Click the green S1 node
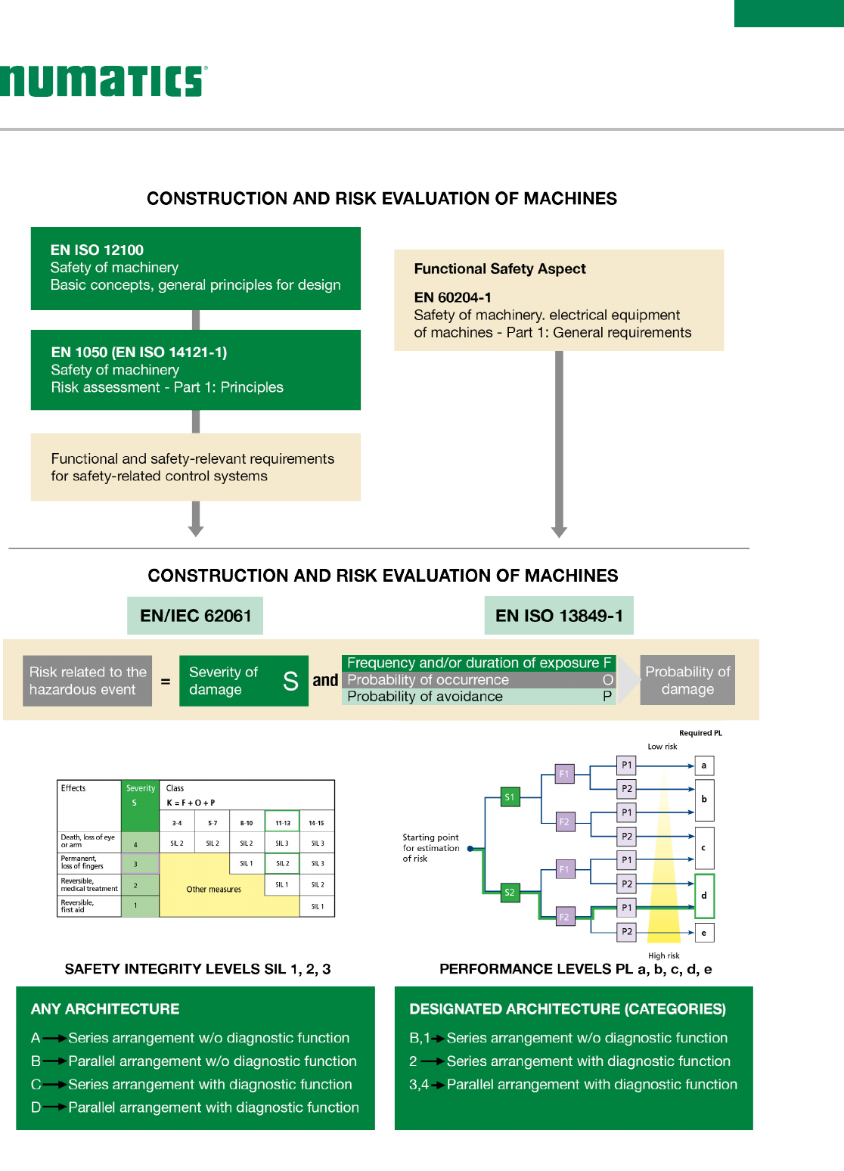pos(510,797)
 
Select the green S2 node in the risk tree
pos(510,893)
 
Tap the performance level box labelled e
pos(703,933)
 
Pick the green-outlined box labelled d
pos(703,896)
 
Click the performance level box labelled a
pos(703,766)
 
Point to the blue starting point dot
pos(470,849)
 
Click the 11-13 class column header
pos(283,822)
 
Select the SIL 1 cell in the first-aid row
pos(318,906)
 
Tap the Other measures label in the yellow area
pos(214,890)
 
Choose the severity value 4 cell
pos(136,844)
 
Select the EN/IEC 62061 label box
pos(196,616)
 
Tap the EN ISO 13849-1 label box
pos(559,616)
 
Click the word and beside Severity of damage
pos(325,680)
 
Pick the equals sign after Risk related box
pos(166,682)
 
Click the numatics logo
pos(102,81)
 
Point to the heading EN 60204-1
pos(452,297)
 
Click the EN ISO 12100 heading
pos(97,250)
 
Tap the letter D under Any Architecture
pos(36,1107)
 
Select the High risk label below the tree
pos(663,955)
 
